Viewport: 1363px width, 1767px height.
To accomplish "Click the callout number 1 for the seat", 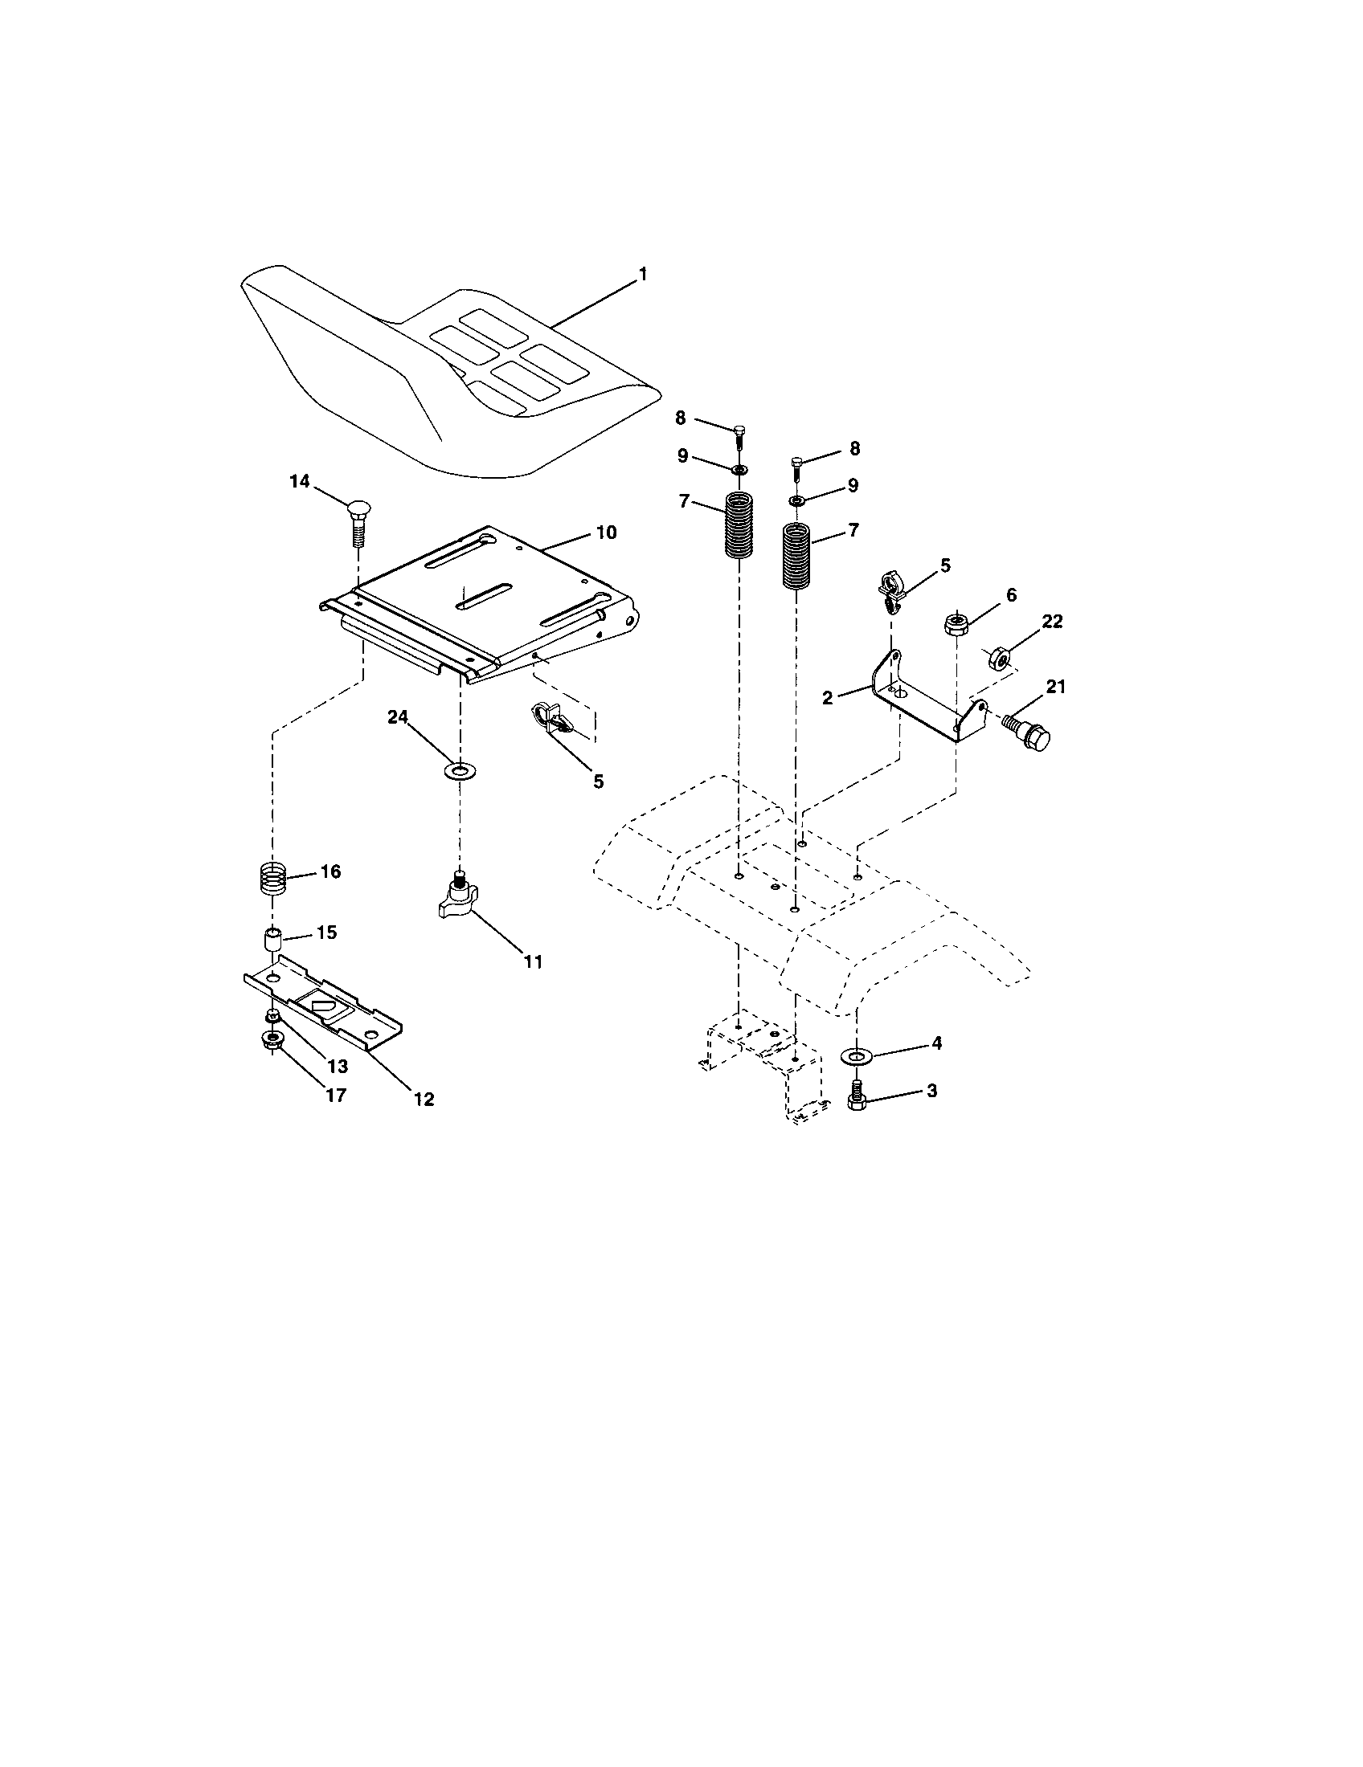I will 643,275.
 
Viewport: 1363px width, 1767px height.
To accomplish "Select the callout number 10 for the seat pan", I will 606,533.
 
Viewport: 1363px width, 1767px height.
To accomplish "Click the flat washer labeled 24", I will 460,769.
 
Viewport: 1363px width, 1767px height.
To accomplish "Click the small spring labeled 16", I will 273,877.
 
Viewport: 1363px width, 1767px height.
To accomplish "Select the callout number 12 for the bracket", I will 424,1099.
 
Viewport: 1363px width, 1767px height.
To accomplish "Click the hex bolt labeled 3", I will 857,1098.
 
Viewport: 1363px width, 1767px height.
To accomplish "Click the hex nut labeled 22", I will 999,659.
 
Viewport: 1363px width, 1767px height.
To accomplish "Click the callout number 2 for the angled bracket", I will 827,697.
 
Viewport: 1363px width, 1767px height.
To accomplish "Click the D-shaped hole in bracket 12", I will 322,1007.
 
